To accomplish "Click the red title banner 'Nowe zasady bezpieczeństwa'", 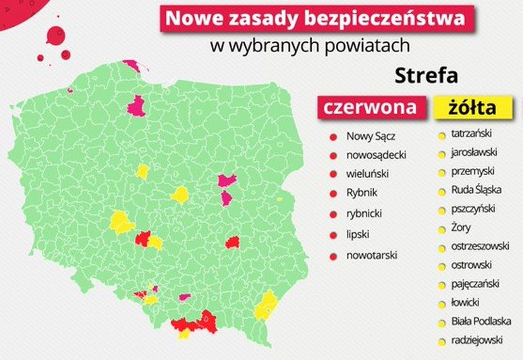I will pos(315,18).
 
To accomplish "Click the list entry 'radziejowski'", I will pos(476,340).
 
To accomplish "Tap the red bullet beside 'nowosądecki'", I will pos(333,155).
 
